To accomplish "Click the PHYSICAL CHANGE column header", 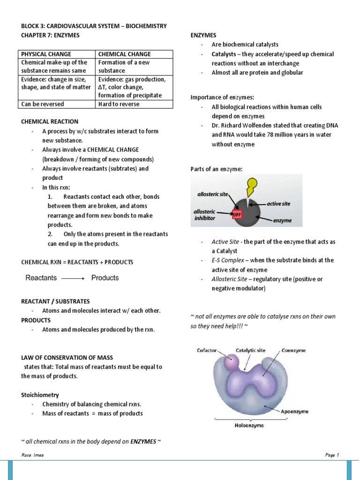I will coord(45,54).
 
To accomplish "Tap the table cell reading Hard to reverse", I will coord(119,104).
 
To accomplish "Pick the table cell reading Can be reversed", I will coord(43,104).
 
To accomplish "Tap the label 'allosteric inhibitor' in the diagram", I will coord(205,216).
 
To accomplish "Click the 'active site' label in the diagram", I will coord(278,204).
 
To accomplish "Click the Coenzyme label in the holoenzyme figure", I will coord(294,350).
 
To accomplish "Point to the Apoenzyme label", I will coord(294,411).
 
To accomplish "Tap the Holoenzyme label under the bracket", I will coord(249,426).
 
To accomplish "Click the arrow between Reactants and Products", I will coord(73,278).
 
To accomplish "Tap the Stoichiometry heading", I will coord(40,395).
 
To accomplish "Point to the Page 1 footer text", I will coord(331,455).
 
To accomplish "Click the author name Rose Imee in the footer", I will coord(32,455).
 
